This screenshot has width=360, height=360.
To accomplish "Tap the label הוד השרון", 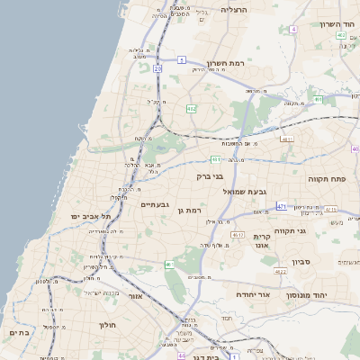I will point(337,24).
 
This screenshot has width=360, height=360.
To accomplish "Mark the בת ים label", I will point(18,333).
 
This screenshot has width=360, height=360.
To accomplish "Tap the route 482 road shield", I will point(191,108).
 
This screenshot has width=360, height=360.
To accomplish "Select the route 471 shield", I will point(282,206).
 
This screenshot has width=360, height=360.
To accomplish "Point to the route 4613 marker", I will point(238,235).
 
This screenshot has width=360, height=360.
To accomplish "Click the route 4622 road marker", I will point(280,271).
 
